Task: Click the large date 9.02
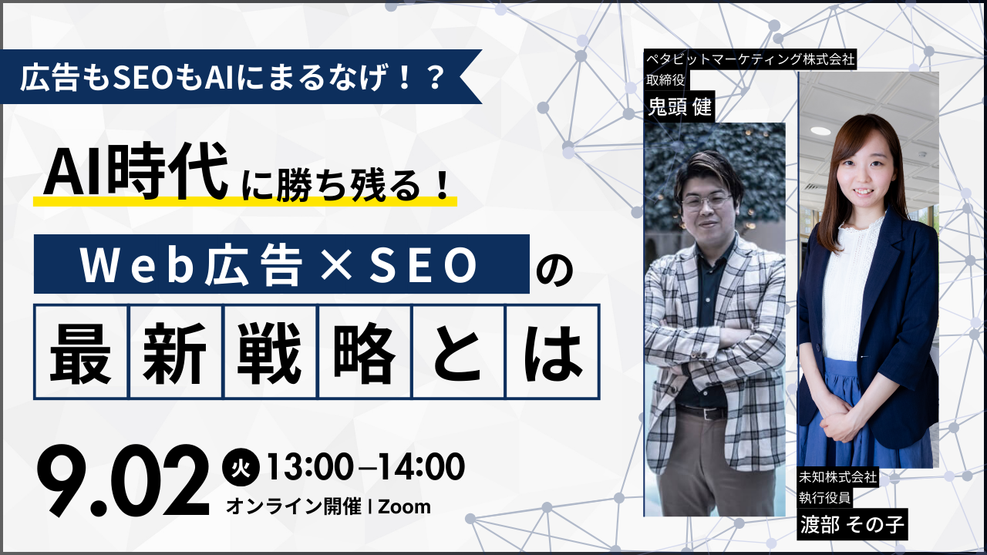[123, 481]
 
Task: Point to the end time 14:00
[422, 467]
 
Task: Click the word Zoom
[405, 506]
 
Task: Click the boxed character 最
[81, 352]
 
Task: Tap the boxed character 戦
[269, 352]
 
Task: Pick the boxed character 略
[364, 352]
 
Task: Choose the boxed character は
[553, 352]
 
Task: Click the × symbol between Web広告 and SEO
[337, 265]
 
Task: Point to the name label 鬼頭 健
[680, 106]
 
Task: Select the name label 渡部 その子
[852, 525]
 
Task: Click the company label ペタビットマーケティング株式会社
[750, 59]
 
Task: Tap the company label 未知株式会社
[838, 476]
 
